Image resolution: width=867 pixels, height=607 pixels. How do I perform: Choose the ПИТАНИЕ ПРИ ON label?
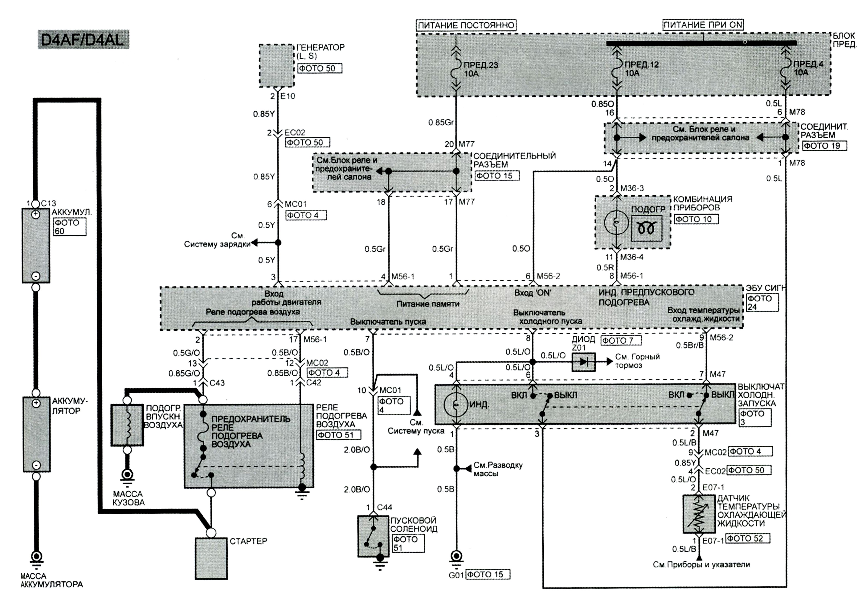coord(703,25)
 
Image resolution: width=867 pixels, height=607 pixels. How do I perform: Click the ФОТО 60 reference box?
coord(70,227)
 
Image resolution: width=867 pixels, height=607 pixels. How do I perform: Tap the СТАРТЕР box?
coord(211,558)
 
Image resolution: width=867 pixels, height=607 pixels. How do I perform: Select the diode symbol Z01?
coord(583,362)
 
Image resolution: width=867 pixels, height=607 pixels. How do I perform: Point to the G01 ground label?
coord(456,575)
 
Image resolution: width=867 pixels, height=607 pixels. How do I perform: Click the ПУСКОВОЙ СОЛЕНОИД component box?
coord(373,536)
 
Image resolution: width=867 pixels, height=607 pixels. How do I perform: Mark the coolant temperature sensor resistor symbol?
coord(699,514)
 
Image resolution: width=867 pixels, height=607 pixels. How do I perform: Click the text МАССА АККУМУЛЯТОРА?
coord(51,580)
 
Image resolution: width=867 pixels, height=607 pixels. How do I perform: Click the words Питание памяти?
coord(428,304)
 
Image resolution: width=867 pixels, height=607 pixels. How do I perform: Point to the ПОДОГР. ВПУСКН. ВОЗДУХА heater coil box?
coord(127,425)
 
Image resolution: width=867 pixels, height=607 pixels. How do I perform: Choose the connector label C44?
coord(385,507)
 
